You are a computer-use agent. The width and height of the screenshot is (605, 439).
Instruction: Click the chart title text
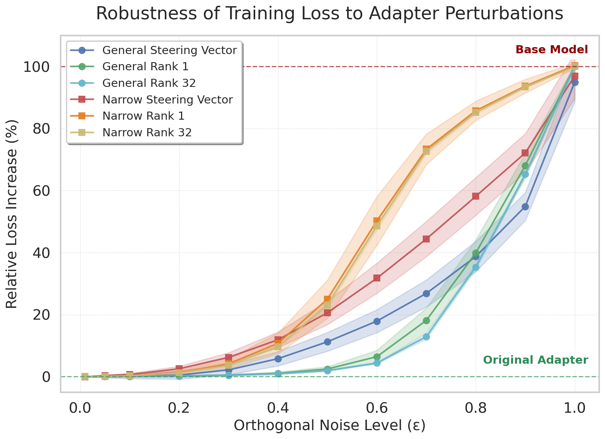pos(329,14)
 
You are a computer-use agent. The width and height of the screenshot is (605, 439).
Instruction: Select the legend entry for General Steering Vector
pos(169,50)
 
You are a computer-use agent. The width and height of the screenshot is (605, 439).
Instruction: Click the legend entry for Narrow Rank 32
pos(147,132)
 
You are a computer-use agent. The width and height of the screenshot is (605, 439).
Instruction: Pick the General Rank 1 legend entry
pos(146,66)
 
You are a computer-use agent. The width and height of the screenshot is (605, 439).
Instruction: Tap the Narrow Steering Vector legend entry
pos(168,100)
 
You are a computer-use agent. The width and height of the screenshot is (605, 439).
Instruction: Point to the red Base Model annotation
pos(552,49)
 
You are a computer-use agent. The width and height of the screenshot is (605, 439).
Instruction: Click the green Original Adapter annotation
pos(536,360)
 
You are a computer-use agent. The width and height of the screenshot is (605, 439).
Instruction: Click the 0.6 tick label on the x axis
pos(377,408)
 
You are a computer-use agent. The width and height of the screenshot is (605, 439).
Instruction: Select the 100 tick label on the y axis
pos(37,67)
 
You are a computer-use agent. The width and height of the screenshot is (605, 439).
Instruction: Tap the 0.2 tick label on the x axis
pos(179,408)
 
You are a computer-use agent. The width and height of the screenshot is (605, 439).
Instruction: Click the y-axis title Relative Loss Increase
pos(12,214)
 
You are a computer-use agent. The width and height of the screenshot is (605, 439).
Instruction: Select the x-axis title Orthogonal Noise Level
pos(329,425)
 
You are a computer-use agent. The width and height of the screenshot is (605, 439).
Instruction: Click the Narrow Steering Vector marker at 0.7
pos(426,239)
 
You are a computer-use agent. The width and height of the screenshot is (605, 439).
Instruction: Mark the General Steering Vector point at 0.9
pos(525,207)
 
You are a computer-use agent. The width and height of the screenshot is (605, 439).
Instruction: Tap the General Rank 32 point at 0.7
pos(426,337)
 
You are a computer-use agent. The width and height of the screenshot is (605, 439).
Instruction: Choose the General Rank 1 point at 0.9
pos(525,166)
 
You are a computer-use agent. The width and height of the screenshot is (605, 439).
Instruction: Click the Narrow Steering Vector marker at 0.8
pos(476,196)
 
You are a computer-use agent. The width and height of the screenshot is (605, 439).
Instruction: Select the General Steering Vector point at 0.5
pos(327,342)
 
